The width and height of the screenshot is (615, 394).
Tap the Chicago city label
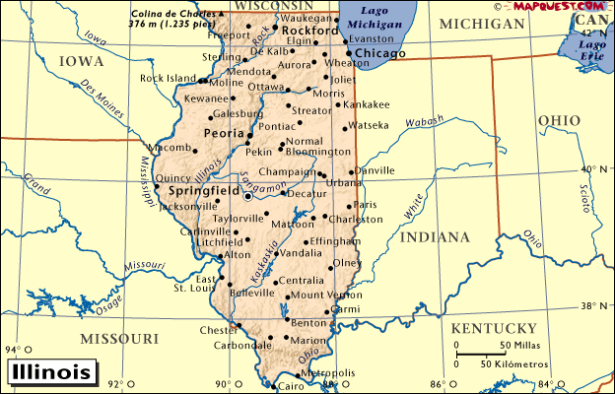click(379, 52)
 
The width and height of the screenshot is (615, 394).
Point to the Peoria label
click(223, 133)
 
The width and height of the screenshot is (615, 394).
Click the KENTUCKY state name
click(492, 328)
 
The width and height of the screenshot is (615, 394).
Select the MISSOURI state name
click(119, 339)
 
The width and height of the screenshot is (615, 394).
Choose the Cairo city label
click(292, 387)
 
